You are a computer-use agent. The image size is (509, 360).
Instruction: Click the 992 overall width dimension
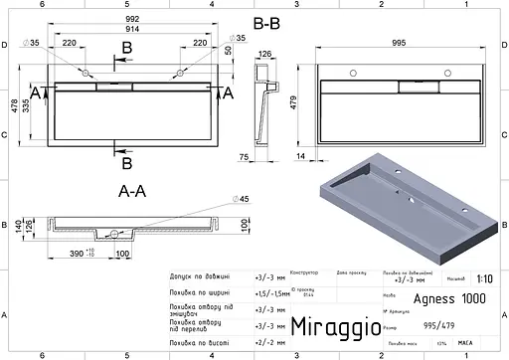[x=126, y=18]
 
